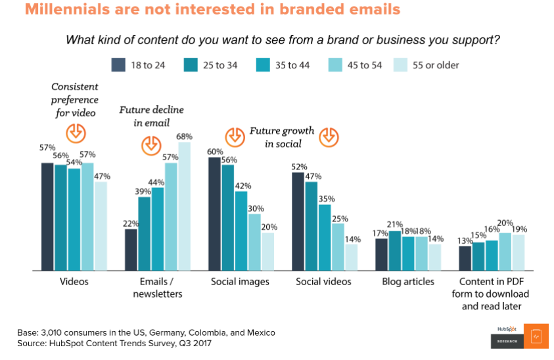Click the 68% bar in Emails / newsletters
pyautogui.click(x=184, y=206)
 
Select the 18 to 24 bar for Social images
pyautogui.click(x=214, y=214)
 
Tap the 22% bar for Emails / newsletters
pyautogui.click(x=131, y=249)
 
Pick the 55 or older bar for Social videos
pyautogui.click(x=352, y=256)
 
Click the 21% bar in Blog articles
pyautogui.click(x=394, y=250)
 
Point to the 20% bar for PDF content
pyautogui.click(x=504, y=251)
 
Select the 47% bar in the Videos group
pyautogui.click(x=101, y=225)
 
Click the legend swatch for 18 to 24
pyautogui.click(x=118, y=64)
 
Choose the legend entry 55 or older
pyautogui.click(x=427, y=65)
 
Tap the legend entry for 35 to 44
pyautogui.click(x=290, y=65)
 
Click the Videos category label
pyautogui.click(x=74, y=282)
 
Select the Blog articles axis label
pyautogui.click(x=408, y=282)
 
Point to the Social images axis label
pyautogui.click(x=240, y=282)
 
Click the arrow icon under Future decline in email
pyautogui.click(x=151, y=144)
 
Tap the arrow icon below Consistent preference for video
pyautogui.click(x=76, y=133)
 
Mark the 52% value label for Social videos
pyautogui.click(x=299, y=166)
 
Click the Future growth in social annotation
pyautogui.click(x=281, y=137)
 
